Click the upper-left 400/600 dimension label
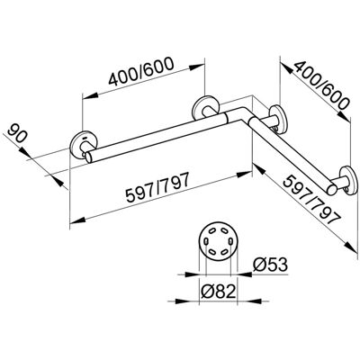[x=141, y=71]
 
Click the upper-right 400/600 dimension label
[x=321, y=85]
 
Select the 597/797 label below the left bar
[x=157, y=188]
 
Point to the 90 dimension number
[x=18, y=132]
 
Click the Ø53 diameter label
[x=270, y=265]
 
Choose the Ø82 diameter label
[x=218, y=292]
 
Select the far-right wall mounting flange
[x=348, y=181]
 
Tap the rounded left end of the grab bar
[x=89, y=157]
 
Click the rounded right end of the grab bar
[x=332, y=190]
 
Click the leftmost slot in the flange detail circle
[x=206, y=240]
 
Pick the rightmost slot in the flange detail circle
[x=230, y=240]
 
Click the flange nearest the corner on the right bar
[x=278, y=120]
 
